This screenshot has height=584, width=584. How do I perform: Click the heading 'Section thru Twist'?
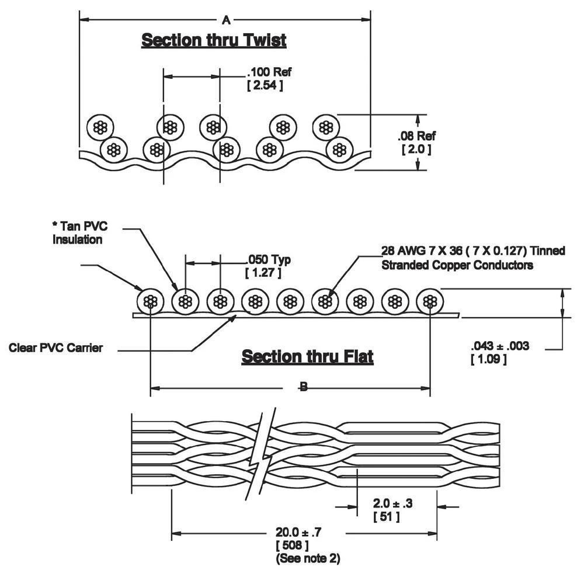pyautogui.click(x=214, y=40)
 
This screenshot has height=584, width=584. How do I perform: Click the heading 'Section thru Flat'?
pyautogui.click(x=307, y=356)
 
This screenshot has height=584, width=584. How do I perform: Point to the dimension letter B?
pyautogui.click(x=304, y=387)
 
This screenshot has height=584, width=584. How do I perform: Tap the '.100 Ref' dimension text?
pyautogui.click(x=269, y=72)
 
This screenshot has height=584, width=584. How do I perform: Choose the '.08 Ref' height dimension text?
pyautogui.click(x=416, y=136)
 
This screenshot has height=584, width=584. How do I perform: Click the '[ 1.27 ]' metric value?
pyautogui.click(x=263, y=273)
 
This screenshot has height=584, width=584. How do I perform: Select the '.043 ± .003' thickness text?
pyautogui.click(x=499, y=346)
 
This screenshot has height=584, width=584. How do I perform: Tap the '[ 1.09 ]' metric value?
pyautogui.click(x=488, y=359)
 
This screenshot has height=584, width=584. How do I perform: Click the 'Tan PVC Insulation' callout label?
pyautogui.click(x=79, y=233)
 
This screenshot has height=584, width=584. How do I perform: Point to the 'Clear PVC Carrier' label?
pyautogui.click(x=56, y=348)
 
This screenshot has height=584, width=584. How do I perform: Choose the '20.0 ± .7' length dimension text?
pyautogui.click(x=299, y=533)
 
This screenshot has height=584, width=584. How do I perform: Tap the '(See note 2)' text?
pyautogui.click(x=307, y=558)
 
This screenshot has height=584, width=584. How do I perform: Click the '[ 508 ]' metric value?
pyautogui.click(x=291, y=545)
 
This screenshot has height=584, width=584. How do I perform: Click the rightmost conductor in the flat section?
pyautogui.click(x=430, y=301)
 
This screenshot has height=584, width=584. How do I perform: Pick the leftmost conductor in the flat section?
pyautogui.click(x=151, y=301)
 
